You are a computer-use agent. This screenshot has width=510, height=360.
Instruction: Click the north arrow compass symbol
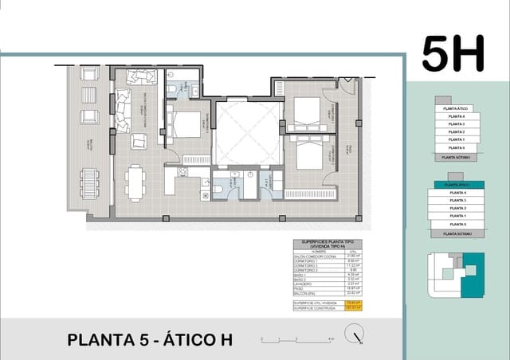(353, 338)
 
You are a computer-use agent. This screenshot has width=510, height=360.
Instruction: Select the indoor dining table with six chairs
(135, 182)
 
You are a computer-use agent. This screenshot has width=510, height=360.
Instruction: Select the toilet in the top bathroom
(172, 88)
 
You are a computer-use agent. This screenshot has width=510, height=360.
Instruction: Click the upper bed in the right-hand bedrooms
(306, 113)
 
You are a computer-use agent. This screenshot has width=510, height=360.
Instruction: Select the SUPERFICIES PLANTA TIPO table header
(328, 243)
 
